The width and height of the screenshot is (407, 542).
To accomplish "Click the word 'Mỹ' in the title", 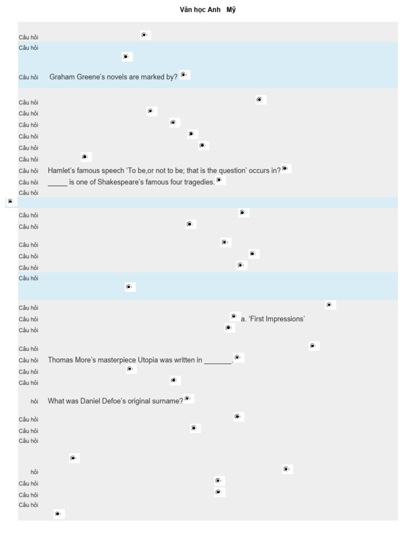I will click(231, 10).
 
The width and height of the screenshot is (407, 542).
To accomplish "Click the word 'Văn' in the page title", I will click(185, 10).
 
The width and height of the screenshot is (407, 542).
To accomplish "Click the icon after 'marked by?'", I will click(184, 75).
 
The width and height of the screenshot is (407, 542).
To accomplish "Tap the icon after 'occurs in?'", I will click(286, 169).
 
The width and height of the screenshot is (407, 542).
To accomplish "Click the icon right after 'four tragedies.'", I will click(220, 180).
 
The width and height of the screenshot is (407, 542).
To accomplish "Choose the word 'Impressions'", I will click(286, 319).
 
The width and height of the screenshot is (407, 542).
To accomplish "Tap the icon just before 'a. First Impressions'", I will click(234, 317).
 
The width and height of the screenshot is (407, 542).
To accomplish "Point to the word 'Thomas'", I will click(59, 360).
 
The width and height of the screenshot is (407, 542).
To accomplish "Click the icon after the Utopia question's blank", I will click(238, 358).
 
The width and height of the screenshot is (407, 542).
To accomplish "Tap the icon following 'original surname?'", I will click(188, 399).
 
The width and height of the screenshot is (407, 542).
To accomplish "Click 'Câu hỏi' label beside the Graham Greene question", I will click(29, 77).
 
